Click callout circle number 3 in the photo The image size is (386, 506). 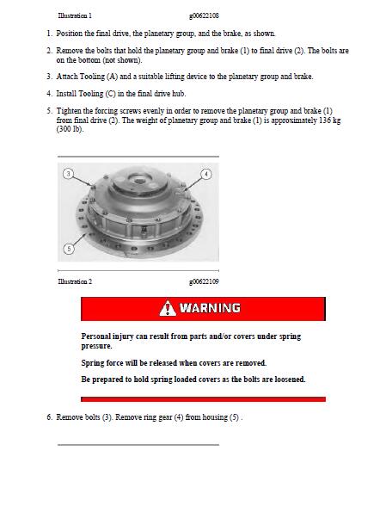tap(68, 174)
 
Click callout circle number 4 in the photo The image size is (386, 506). tap(206, 174)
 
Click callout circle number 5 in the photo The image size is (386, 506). tap(69, 249)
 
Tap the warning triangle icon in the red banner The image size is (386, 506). tap(168, 308)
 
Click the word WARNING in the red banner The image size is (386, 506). tap(211, 308)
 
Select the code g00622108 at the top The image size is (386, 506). tap(204, 15)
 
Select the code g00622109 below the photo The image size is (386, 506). tap(204, 281)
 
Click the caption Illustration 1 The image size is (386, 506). tap(75, 15)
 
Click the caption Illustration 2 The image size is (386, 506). tap(75, 281)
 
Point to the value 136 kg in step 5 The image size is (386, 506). tap(330, 120)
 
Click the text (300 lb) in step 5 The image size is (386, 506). tap(70, 129)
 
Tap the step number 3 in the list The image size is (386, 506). tap(49, 77)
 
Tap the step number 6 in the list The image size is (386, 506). tap(49, 417)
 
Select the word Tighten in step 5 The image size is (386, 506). tap(69, 111)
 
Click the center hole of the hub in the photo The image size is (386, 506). tap(139, 181)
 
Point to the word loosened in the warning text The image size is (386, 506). tap(289, 379)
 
